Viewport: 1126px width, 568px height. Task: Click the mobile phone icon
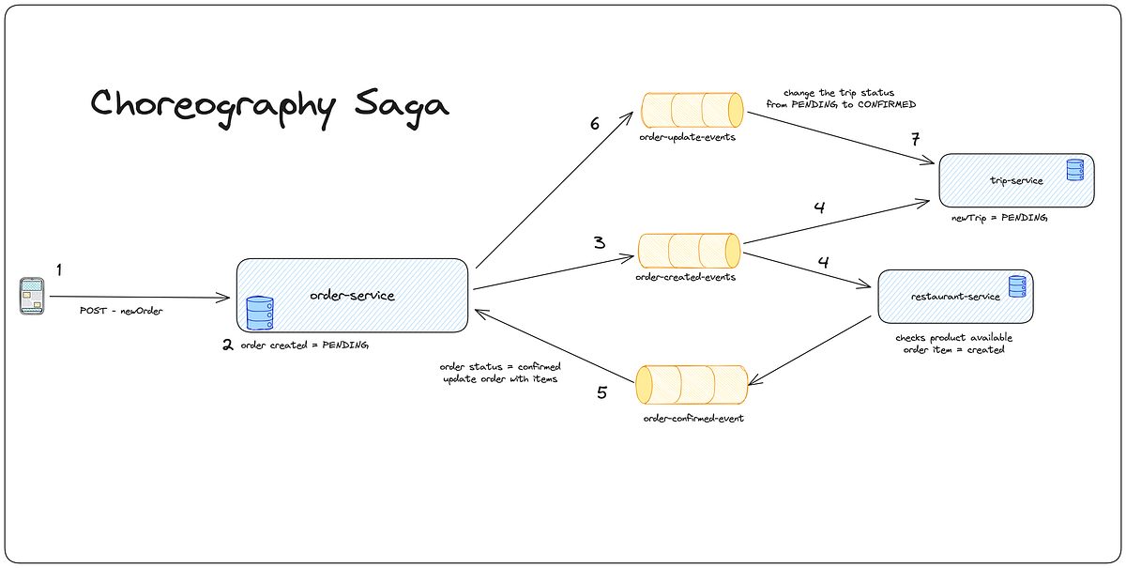(32, 296)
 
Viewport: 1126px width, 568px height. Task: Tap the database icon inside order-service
(259, 313)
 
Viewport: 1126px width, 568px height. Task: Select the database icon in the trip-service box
(1074, 170)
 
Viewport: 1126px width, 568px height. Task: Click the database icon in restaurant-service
(1017, 286)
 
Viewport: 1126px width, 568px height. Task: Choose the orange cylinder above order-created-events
(690, 251)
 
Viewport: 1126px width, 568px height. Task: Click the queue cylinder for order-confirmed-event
(692, 385)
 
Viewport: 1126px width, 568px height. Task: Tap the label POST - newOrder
(121, 311)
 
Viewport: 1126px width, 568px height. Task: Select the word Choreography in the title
(212, 105)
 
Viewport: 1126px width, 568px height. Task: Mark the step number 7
(915, 140)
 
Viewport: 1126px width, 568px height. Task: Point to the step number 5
(602, 392)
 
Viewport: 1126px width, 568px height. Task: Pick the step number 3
(598, 242)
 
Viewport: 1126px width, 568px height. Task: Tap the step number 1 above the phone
(58, 270)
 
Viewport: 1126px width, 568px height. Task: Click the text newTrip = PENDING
(999, 217)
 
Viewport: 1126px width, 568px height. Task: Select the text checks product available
(953, 337)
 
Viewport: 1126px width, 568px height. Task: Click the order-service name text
(352, 296)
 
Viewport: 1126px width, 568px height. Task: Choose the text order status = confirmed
(500, 366)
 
